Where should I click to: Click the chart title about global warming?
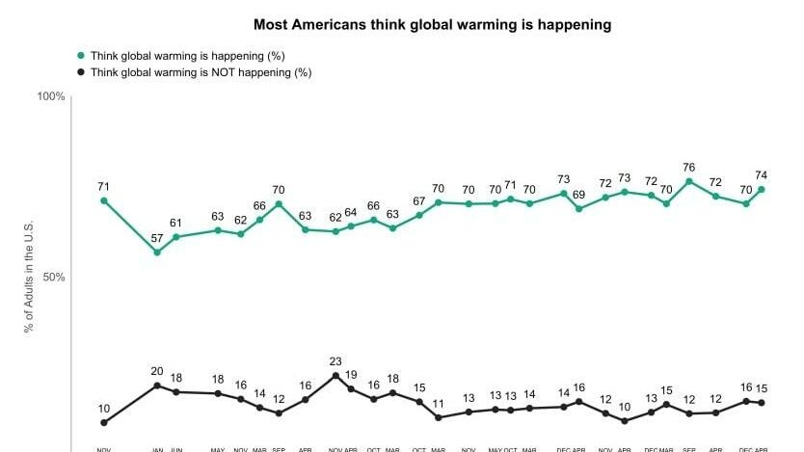[x=432, y=24]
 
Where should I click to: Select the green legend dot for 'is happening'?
[x=82, y=56]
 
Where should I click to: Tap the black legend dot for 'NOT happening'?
[x=82, y=72]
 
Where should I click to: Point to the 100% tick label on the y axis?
[x=51, y=96]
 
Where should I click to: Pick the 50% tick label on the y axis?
[x=53, y=278]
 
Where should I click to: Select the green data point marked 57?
[x=157, y=253]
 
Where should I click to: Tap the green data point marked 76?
[x=689, y=181]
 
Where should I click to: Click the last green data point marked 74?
[x=762, y=189]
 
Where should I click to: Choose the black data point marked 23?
[x=335, y=376]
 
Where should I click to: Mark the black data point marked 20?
[x=157, y=386]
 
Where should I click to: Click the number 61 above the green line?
[x=175, y=224]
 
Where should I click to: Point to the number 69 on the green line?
[x=578, y=196]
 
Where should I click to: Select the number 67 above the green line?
[x=419, y=201]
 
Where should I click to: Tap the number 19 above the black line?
[x=351, y=376]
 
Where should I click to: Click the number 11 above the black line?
[x=439, y=404]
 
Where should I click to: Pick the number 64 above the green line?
[x=351, y=213]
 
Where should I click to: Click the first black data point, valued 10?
[x=103, y=422]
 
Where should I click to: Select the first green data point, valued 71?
[x=103, y=200]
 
